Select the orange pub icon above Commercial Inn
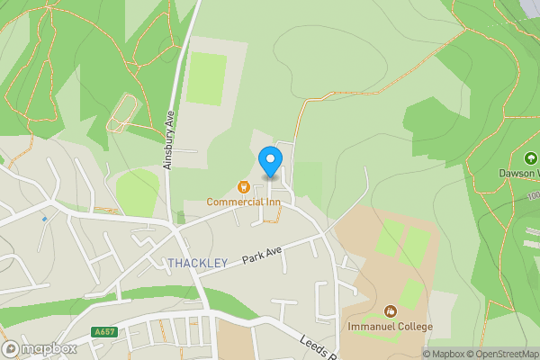click(x=242, y=186)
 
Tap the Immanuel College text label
click(x=391, y=326)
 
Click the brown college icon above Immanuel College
click(x=390, y=310)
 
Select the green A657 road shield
click(x=105, y=332)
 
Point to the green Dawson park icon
click(x=531, y=157)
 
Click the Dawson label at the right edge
click(x=518, y=173)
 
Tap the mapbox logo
click(x=39, y=349)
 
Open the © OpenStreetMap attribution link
click(x=501, y=354)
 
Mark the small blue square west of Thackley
click(x=44, y=219)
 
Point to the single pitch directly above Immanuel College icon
click(x=409, y=293)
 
